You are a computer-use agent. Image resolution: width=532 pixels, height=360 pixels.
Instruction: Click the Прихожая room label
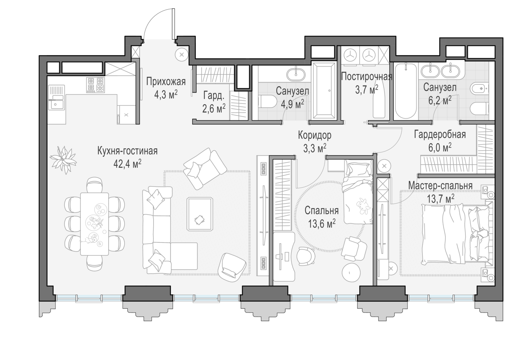click(x=166, y=82)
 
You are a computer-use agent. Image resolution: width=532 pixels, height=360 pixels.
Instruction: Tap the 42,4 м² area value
click(x=128, y=164)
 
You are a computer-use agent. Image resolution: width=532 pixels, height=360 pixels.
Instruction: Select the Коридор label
click(x=315, y=135)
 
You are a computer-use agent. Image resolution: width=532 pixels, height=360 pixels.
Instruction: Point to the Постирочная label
click(x=366, y=77)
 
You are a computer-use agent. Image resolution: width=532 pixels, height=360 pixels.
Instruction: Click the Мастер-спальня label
click(x=440, y=185)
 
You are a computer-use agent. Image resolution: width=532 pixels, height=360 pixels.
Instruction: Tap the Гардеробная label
click(x=440, y=135)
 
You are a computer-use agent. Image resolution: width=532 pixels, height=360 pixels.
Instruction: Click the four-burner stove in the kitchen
click(x=95, y=85)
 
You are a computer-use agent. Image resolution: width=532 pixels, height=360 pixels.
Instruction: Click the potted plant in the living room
click(x=63, y=160)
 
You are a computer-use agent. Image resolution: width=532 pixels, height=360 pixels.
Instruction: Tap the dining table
click(x=94, y=224)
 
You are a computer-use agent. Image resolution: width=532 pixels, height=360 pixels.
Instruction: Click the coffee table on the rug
click(x=199, y=214)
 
